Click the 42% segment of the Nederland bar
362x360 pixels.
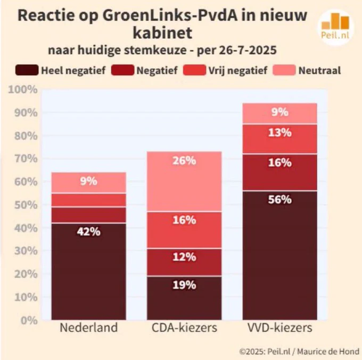tap(89, 271)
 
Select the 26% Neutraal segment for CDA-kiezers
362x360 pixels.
tap(184, 181)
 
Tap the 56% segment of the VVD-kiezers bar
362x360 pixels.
tap(280, 256)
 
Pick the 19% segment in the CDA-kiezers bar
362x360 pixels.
tap(184, 298)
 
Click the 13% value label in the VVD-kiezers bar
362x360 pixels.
tap(280, 132)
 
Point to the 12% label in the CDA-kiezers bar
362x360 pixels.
tap(184, 257)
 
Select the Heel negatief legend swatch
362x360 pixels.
tap(27, 70)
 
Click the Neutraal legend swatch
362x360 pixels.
tap(284, 70)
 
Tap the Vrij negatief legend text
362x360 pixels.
tap(238, 70)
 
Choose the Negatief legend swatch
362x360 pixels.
tap(122, 70)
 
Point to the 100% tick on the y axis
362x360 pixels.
tap(23, 89)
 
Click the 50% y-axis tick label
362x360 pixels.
tap(26, 205)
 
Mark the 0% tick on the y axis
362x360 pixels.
tap(29, 321)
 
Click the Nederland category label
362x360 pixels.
tap(89, 328)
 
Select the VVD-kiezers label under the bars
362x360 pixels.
tap(280, 328)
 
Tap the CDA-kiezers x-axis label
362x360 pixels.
tap(184, 328)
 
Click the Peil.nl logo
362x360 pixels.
tap(335, 27)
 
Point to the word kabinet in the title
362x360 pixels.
tap(162, 33)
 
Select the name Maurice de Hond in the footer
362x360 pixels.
tap(328, 351)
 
